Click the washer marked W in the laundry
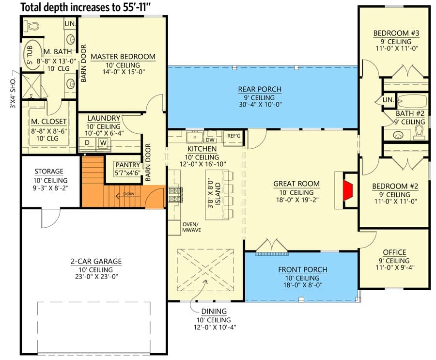[103, 143]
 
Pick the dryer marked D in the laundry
[87, 143]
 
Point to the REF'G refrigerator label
[234, 136]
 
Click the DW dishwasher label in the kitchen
[211, 140]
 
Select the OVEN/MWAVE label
[191, 227]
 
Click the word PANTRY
[127, 165]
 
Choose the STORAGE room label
[48, 172]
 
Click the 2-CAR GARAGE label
[95, 262]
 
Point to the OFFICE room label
[394, 252]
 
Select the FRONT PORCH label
[302, 269]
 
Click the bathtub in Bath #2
[412, 101]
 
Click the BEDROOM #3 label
[396, 33]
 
